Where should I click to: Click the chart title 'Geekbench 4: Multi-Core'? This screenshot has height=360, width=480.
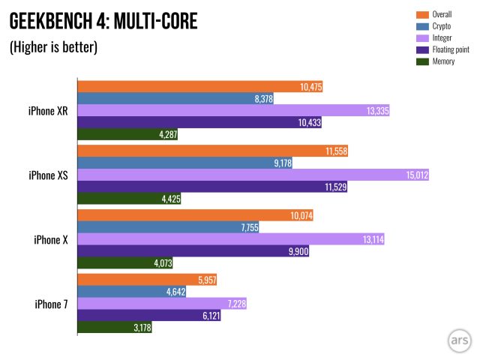pos(103,21)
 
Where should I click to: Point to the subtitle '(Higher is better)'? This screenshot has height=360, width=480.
pos(53,47)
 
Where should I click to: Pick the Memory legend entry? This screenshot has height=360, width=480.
pos(445,61)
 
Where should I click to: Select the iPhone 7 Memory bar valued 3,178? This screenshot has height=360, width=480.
pos(115,328)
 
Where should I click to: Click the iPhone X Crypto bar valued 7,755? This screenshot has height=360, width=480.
pos(168,227)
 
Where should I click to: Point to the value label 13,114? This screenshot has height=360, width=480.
pos(367,240)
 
